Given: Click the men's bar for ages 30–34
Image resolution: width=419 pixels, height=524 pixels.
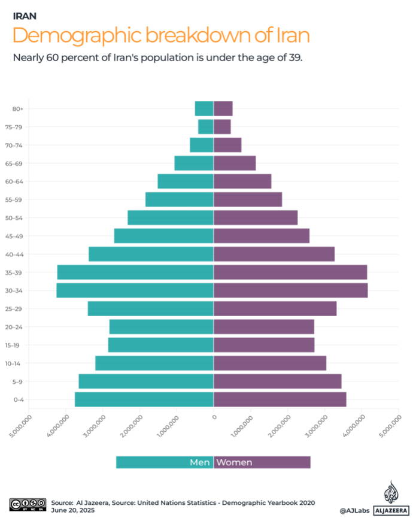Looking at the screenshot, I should click(135, 290).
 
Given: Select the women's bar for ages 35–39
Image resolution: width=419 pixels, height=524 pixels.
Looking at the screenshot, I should click(290, 272).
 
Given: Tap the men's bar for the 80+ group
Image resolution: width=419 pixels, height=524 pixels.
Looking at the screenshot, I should click(204, 108).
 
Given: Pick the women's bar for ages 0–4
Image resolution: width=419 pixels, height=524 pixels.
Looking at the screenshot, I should click(280, 399).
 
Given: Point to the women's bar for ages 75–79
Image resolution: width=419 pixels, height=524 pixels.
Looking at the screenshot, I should click(223, 127).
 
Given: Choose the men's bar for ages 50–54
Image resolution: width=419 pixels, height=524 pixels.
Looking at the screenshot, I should click(171, 218).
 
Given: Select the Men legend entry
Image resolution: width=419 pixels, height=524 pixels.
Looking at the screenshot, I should click(165, 462).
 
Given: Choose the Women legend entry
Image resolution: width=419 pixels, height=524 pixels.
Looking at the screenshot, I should click(262, 462).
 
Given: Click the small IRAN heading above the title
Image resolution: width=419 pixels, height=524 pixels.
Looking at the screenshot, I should click(28, 16).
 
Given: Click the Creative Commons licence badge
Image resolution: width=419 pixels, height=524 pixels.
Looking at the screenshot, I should click(28, 504).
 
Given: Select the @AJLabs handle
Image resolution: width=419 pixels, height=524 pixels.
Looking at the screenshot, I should click(354, 511).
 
